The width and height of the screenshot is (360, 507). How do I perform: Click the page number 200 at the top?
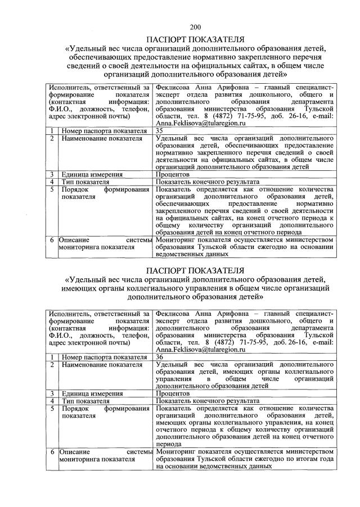[195, 26]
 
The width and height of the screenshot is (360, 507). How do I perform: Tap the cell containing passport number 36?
[159, 357]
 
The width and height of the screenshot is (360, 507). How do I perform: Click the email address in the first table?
[200, 123]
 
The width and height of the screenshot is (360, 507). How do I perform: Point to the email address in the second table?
[200, 349]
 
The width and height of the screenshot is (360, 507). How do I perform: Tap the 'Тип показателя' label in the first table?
[85, 182]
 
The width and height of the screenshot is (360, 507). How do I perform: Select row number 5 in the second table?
[51, 409]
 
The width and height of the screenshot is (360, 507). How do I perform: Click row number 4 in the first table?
[51, 182]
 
